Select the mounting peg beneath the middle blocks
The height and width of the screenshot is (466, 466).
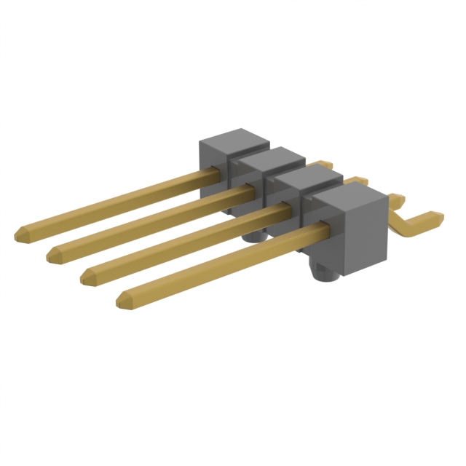(x=255, y=236)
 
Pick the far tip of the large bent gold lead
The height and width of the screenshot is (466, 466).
(x=437, y=216)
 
